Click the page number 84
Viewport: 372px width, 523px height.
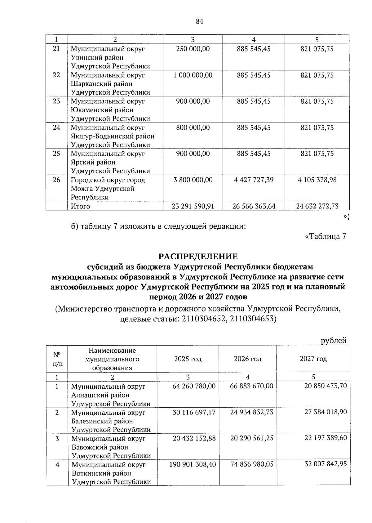pos(199,21)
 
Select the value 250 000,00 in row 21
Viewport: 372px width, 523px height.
pos(193,49)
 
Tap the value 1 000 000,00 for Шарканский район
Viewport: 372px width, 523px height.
pos(193,75)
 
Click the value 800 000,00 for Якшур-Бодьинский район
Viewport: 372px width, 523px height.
pos(193,127)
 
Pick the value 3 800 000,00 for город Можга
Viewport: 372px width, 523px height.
pos(193,180)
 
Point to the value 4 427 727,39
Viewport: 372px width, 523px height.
pos(254,180)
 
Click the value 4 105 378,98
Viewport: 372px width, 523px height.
pos(317,180)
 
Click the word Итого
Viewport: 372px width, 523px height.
pos(81,206)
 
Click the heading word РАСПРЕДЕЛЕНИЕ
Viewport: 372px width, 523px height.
pos(198,257)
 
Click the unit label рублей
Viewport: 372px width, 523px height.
pos(334,341)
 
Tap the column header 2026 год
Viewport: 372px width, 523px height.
pos(247,359)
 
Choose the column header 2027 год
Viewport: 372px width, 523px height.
pos(313,359)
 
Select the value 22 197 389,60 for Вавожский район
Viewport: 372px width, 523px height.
pos(325,438)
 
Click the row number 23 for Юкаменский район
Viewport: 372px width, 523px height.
pos(56,101)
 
